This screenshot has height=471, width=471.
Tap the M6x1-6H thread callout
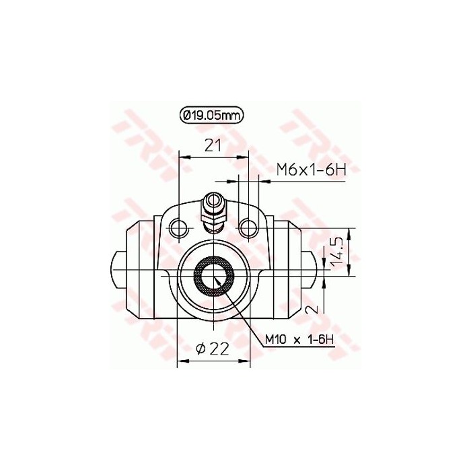[x=310, y=172]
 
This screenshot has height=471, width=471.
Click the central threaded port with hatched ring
[x=215, y=277]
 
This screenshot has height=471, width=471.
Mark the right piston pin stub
[x=312, y=268]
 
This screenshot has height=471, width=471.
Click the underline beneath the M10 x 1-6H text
[x=298, y=347]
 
